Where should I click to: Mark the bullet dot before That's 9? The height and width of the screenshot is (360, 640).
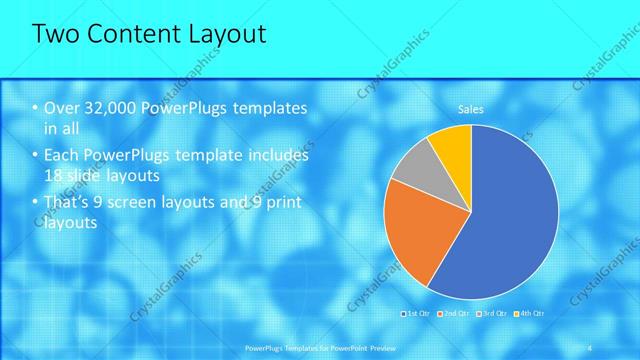point(35,205)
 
